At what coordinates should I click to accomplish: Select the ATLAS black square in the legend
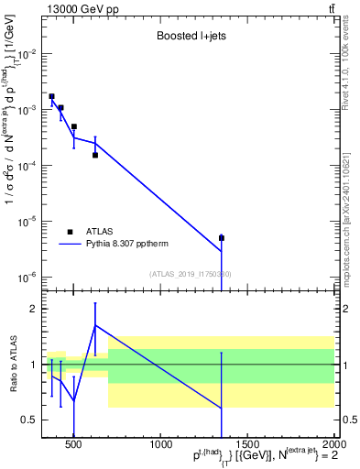pos(70,232)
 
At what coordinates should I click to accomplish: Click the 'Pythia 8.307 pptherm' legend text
pos(136,245)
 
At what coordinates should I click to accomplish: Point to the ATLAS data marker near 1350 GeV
pos(222,238)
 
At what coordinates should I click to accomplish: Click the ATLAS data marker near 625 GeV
pos(95,155)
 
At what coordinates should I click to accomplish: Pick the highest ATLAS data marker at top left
pos(52,96)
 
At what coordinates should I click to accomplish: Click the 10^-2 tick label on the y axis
pos(27,54)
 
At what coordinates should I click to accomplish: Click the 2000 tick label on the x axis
pos(334,446)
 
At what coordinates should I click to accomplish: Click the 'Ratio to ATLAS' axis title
pos(13,364)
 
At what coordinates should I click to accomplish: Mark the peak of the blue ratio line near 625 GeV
pos(95,325)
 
